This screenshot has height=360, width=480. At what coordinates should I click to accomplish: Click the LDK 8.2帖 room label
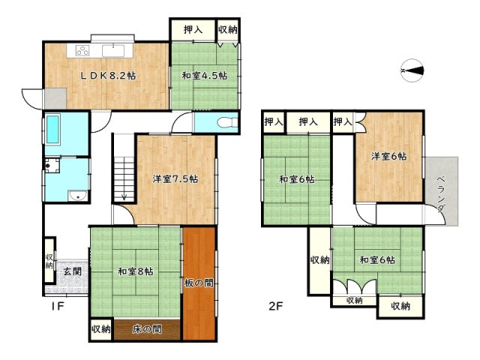click(108, 76)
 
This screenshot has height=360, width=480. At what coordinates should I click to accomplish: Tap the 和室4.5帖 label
click(205, 75)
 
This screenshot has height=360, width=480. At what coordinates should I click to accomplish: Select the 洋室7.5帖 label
click(175, 178)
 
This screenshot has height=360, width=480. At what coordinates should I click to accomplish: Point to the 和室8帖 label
click(136, 271)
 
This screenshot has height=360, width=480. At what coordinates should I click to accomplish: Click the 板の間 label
click(199, 283)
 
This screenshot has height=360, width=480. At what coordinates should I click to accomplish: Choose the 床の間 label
click(147, 329)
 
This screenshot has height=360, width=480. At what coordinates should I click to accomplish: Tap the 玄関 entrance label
click(73, 271)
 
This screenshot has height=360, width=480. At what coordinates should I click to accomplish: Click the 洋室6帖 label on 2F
click(388, 157)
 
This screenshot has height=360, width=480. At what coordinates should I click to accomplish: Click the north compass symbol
click(412, 70)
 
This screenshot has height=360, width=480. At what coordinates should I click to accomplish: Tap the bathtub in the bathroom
click(52, 129)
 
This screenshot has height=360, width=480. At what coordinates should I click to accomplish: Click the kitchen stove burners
click(82, 50)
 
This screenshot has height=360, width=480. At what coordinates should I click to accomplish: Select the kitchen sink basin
click(113, 51)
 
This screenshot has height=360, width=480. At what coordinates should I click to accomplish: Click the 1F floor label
click(58, 306)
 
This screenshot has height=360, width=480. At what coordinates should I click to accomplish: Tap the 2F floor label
click(275, 306)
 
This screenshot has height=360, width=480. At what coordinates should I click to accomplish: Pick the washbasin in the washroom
click(78, 195)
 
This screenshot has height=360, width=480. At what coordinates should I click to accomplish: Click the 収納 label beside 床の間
click(101, 329)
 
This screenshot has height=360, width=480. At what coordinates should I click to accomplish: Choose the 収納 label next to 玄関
click(49, 261)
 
